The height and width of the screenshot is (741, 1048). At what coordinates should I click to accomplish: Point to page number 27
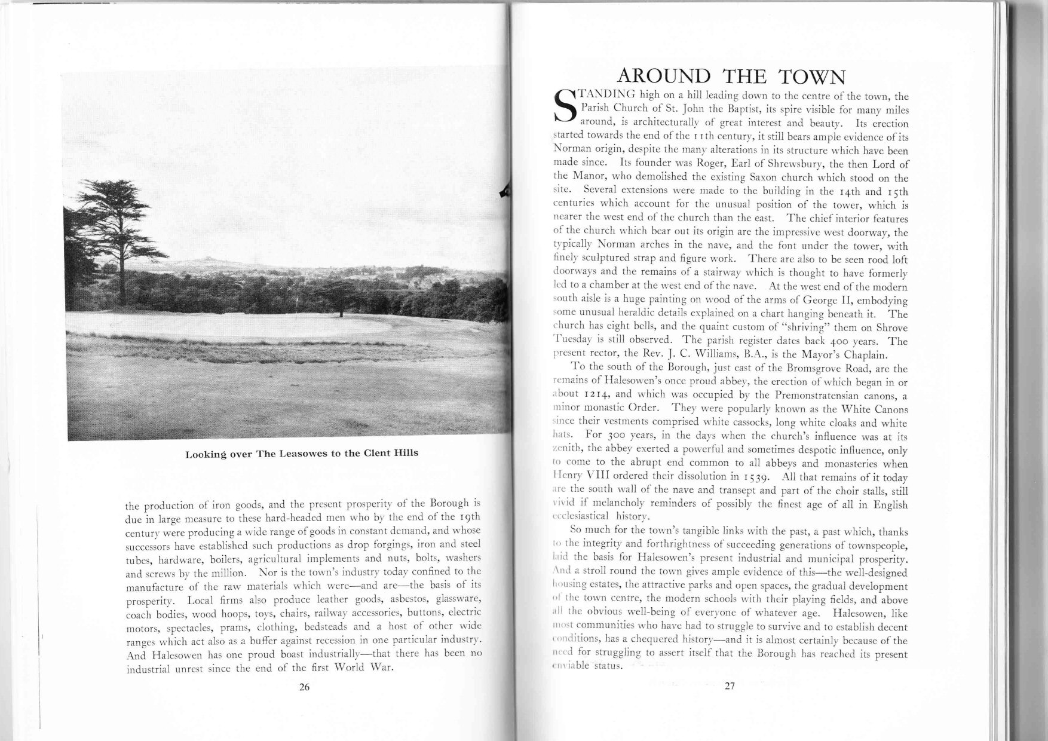click(728, 686)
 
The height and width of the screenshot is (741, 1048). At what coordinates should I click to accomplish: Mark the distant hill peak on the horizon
click(200, 261)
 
